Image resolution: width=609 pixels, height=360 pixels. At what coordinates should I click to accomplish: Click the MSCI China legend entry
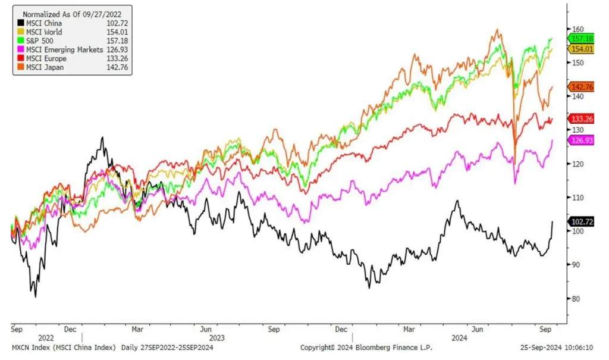pyautogui.click(x=44, y=23)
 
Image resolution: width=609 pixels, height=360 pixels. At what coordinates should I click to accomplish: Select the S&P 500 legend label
pyautogui.click(x=40, y=41)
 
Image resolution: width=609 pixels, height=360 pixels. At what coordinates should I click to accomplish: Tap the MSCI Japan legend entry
pyautogui.click(x=45, y=67)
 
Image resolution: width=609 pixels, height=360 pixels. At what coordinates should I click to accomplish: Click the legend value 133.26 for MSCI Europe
pyautogui.click(x=118, y=59)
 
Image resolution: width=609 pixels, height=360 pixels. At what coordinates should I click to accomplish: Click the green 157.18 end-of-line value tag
pyautogui.click(x=581, y=39)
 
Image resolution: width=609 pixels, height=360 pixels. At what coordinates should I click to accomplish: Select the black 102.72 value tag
pyautogui.click(x=581, y=221)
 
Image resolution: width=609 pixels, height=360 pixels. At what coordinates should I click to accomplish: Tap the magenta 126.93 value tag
pyautogui.click(x=581, y=140)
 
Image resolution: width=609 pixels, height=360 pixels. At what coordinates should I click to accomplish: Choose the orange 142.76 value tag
pyautogui.click(x=581, y=86)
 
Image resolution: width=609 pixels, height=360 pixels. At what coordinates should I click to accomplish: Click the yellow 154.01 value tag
pyautogui.click(x=581, y=49)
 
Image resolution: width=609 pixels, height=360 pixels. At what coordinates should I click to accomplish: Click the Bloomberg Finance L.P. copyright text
pyautogui.click(x=366, y=348)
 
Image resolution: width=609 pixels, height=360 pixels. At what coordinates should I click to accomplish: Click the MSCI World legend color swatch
pyautogui.click(x=20, y=32)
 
